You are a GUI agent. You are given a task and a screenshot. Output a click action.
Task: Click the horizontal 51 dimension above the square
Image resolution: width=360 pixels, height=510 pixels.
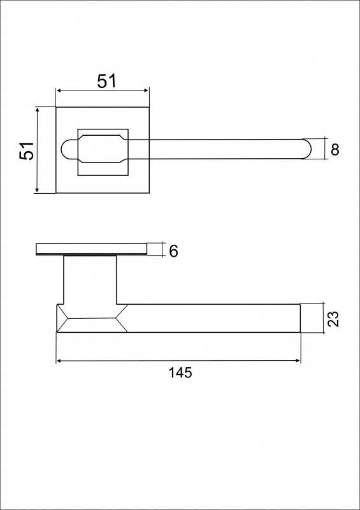(x=106, y=81)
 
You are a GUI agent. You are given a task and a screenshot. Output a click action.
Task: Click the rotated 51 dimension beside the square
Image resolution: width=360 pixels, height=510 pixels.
(x=27, y=150)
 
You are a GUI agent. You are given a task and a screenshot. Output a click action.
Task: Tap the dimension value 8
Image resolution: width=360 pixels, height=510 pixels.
(x=335, y=150)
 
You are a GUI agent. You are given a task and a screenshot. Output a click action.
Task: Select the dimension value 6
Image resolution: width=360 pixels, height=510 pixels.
(x=173, y=251)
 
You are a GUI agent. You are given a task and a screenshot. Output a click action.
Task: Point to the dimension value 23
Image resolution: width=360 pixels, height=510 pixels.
(x=333, y=319)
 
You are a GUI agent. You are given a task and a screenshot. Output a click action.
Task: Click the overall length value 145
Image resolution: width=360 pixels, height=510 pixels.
(x=180, y=373)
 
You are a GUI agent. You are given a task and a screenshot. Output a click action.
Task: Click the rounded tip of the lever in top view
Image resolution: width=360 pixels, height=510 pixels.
(x=306, y=149)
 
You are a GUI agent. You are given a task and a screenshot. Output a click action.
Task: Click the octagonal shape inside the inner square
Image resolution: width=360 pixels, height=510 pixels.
(x=103, y=149)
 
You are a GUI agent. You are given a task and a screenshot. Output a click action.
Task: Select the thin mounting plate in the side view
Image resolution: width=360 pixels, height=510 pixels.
(x=91, y=249)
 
